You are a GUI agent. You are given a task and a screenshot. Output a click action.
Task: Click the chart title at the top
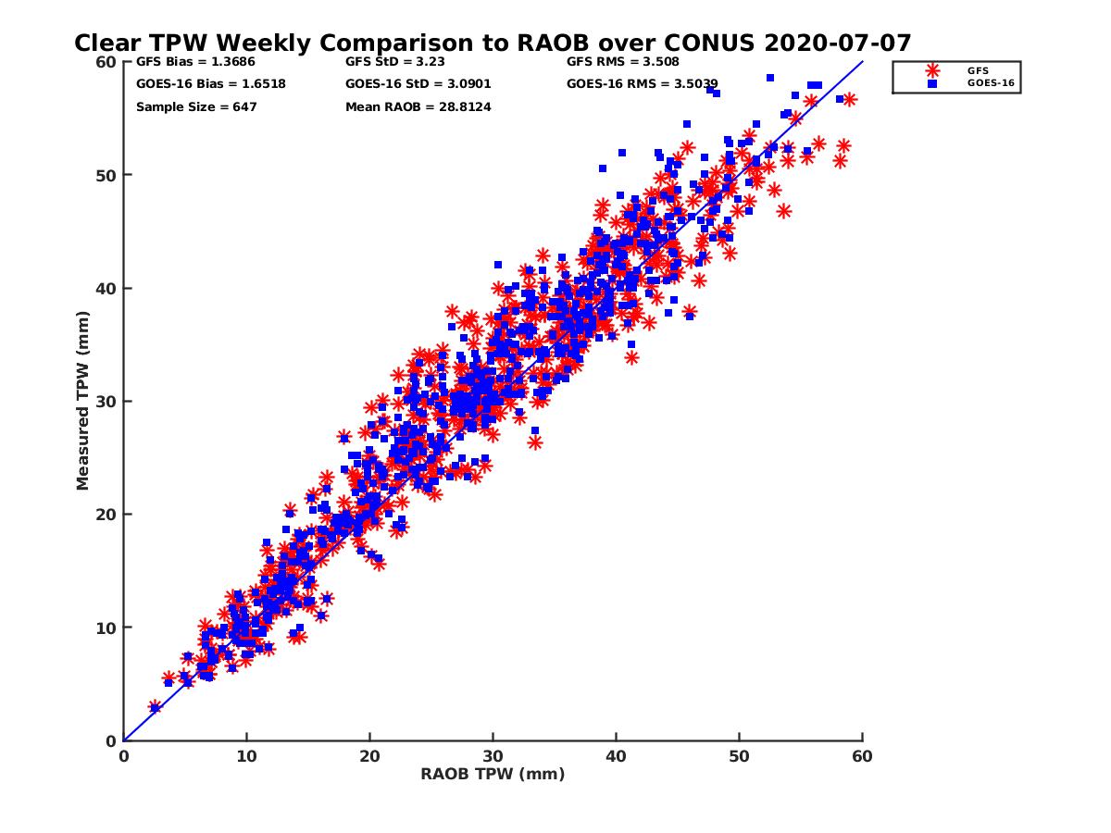[x=493, y=43]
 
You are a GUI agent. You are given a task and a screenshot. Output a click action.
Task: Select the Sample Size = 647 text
[x=196, y=106]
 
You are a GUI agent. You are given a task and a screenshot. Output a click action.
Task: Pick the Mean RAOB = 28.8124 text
[x=418, y=106]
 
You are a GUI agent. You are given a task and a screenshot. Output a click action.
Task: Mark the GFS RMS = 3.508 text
[x=622, y=62]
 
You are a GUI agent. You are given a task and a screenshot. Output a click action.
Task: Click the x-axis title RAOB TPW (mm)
[x=493, y=774]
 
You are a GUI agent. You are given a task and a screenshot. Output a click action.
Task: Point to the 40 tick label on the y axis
[x=106, y=288]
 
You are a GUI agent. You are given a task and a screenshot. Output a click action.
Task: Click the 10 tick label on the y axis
[x=106, y=628]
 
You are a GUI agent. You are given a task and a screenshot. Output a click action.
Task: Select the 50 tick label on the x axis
[x=739, y=756]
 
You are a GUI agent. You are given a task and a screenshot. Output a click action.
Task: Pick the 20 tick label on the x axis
[x=369, y=756]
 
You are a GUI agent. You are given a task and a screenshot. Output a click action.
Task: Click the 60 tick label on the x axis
[x=862, y=756]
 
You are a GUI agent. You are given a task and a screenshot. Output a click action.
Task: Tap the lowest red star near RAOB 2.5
[x=155, y=707]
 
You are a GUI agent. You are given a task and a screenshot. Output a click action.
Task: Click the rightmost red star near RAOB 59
[x=849, y=99]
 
